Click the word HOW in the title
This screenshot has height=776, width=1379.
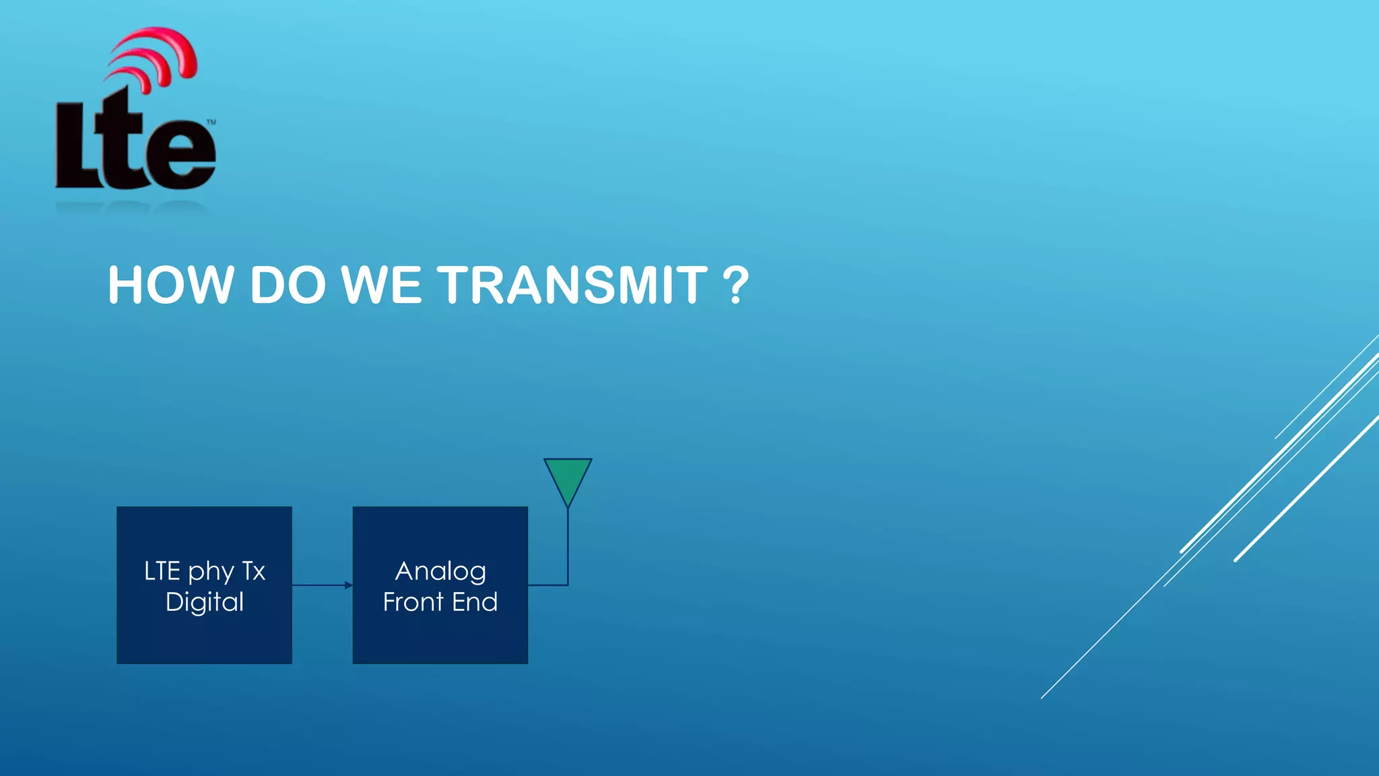170,285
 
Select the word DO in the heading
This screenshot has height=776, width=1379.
288,285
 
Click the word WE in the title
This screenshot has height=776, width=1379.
381,285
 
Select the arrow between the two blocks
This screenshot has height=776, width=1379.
322,585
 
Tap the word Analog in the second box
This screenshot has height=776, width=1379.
440,571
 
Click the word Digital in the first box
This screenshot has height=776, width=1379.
205,602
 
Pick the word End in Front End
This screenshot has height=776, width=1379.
475,602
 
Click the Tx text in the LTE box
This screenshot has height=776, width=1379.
254,571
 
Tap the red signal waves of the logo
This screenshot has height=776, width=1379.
158,57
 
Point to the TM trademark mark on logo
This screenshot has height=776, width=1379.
211,122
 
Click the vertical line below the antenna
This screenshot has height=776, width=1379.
568,546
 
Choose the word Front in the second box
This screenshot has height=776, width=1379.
413,602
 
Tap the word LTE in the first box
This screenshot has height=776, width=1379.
162,571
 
